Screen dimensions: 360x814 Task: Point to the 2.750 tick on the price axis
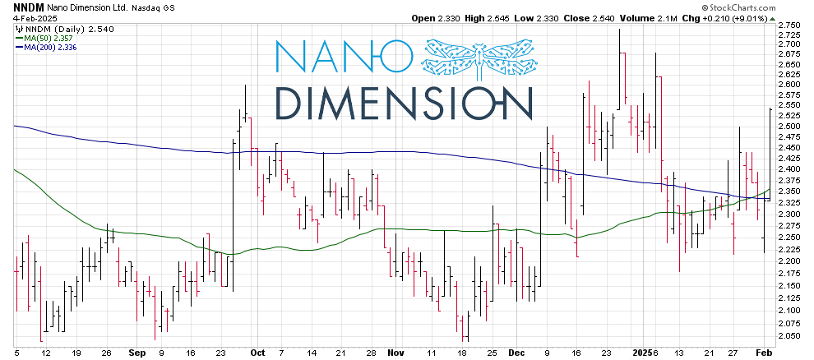click(790, 25)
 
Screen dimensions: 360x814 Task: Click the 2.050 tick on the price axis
click(790, 336)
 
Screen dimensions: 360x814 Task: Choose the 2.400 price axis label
click(790, 169)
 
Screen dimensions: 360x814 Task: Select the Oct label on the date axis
click(257, 352)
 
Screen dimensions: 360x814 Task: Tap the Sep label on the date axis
click(136, 352)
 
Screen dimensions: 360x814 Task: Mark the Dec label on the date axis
click(516, 352)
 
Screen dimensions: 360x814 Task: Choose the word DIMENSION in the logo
click(403, 102)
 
